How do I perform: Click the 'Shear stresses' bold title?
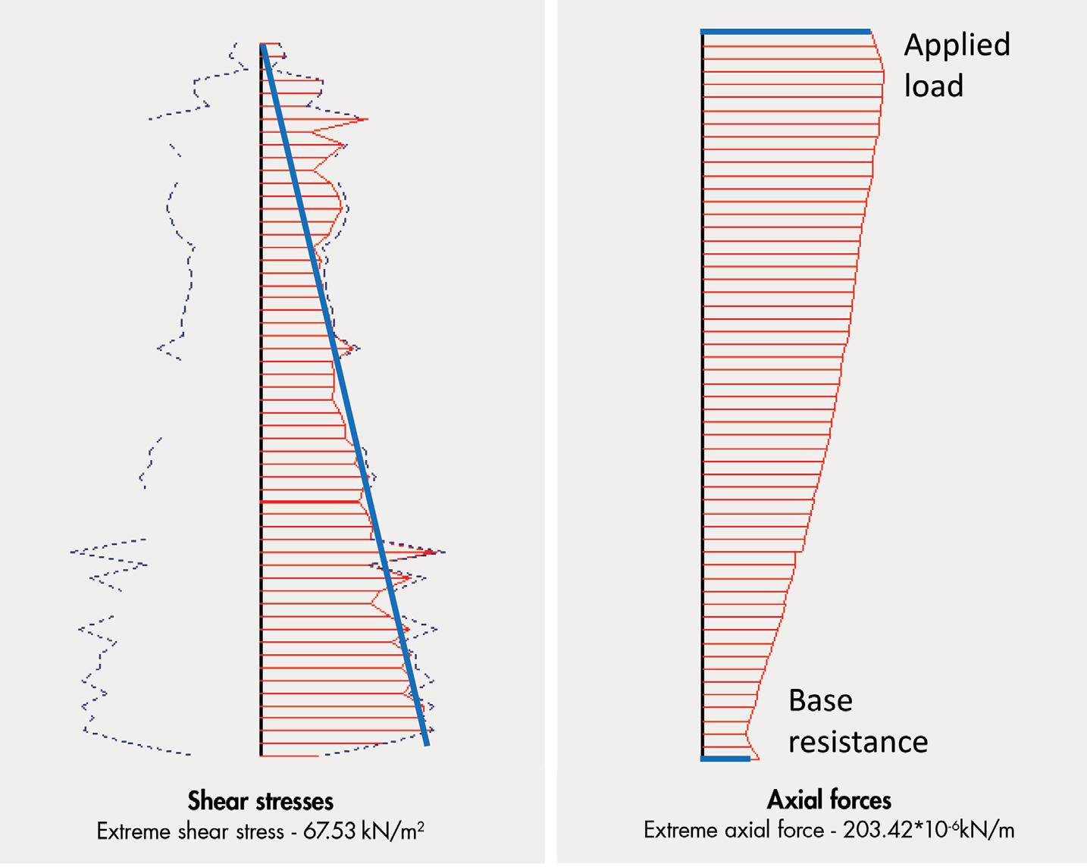260,801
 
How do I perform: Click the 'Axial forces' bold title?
829,800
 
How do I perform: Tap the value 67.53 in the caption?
329,831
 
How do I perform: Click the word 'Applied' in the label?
957,45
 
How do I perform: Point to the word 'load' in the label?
933,86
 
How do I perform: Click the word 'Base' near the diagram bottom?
820,700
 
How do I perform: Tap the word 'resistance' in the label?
857,741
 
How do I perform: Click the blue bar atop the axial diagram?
785,32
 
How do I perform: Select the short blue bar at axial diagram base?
725,759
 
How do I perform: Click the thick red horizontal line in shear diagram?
309,502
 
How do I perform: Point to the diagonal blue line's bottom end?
427,743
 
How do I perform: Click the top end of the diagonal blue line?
262,46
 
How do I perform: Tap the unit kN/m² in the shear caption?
393,831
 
